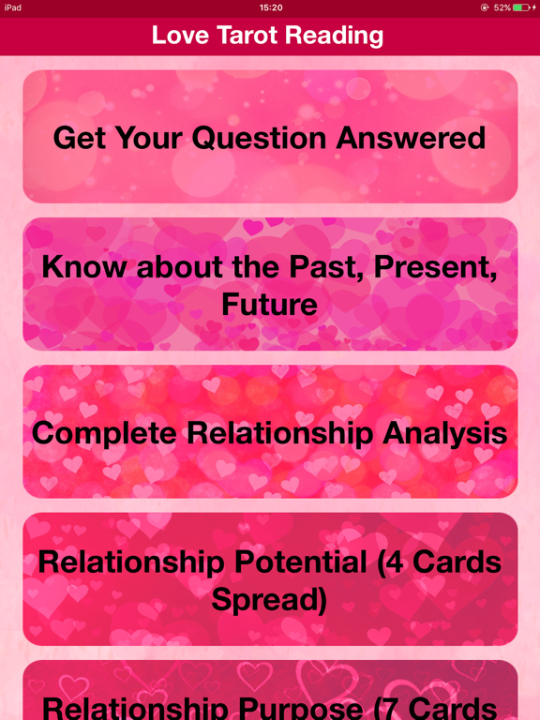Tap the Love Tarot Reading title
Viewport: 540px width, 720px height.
268,37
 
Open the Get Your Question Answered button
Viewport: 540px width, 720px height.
270,137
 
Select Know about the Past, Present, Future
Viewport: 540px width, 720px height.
270,284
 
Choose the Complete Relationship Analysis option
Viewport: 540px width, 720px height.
270,432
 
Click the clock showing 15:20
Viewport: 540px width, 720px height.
270,7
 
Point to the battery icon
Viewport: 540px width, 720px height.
521,7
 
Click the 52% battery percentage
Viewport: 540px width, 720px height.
502,7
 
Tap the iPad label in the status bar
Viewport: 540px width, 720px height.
13,7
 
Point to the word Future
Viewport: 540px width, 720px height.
270,304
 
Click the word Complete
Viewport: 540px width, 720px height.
104,433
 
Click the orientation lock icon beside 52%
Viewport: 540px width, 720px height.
485,7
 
